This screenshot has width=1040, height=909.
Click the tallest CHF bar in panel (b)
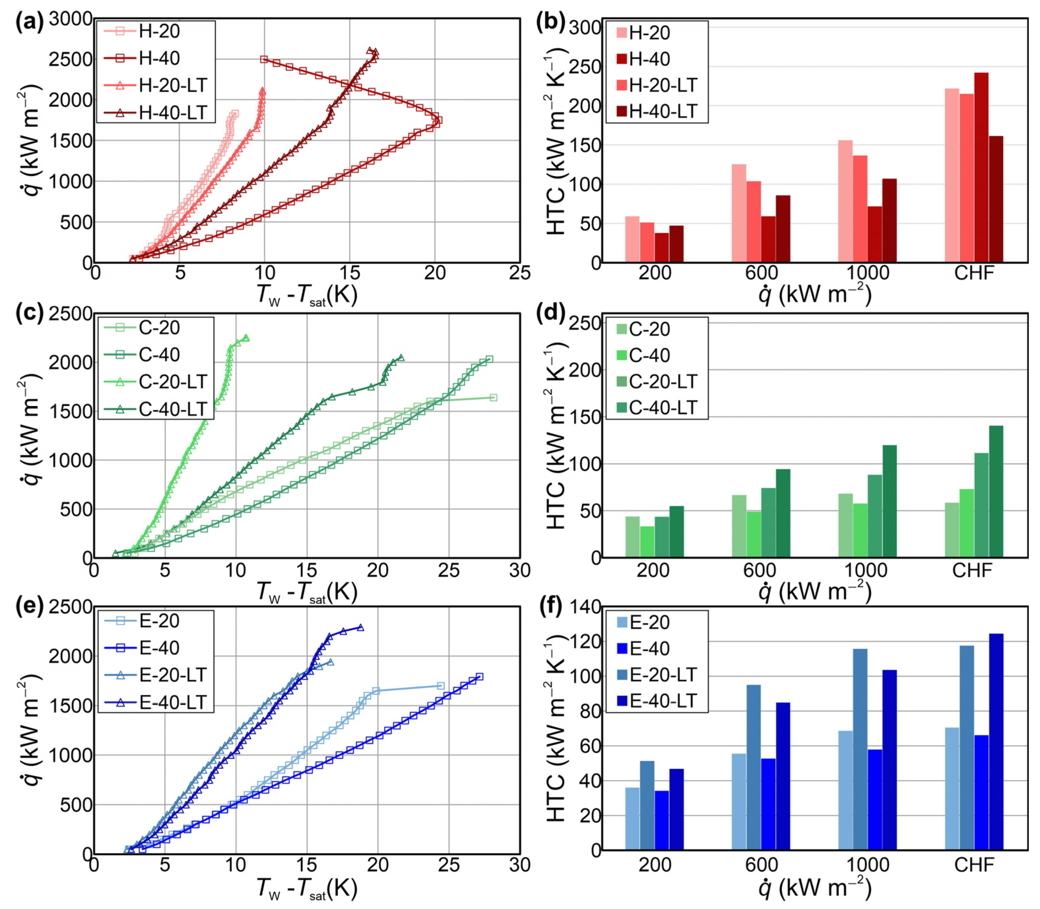(x=981, y=167)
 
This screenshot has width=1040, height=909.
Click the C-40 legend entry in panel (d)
(x=649, y=355)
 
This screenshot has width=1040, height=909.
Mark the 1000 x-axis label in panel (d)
(x=865, y=570)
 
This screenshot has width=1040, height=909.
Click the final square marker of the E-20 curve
(x=441, y=686)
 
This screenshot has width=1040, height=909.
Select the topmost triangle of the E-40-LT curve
(x=360, y=627)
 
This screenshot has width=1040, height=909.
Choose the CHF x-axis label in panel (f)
(x=973, y=865)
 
